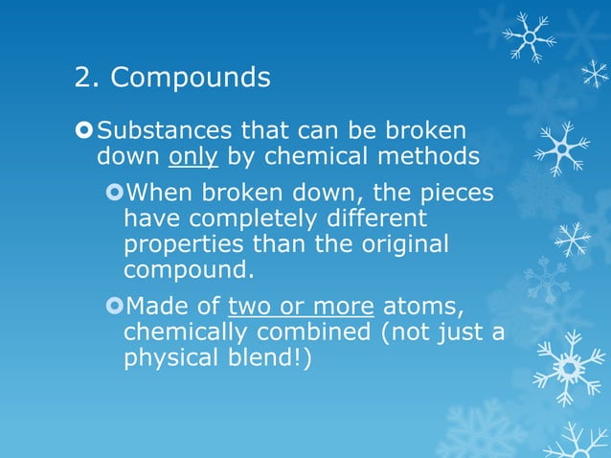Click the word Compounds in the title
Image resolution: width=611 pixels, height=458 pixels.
point(191,79)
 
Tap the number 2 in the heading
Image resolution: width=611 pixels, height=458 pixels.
point(83,78)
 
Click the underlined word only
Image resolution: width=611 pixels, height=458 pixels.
point(198,155)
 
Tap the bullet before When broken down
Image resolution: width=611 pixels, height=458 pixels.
point(114,194)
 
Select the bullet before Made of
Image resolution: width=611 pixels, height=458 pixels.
point(114,307)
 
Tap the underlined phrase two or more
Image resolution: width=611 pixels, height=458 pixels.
point(301,307)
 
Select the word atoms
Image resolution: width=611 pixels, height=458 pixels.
point(422,307)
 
